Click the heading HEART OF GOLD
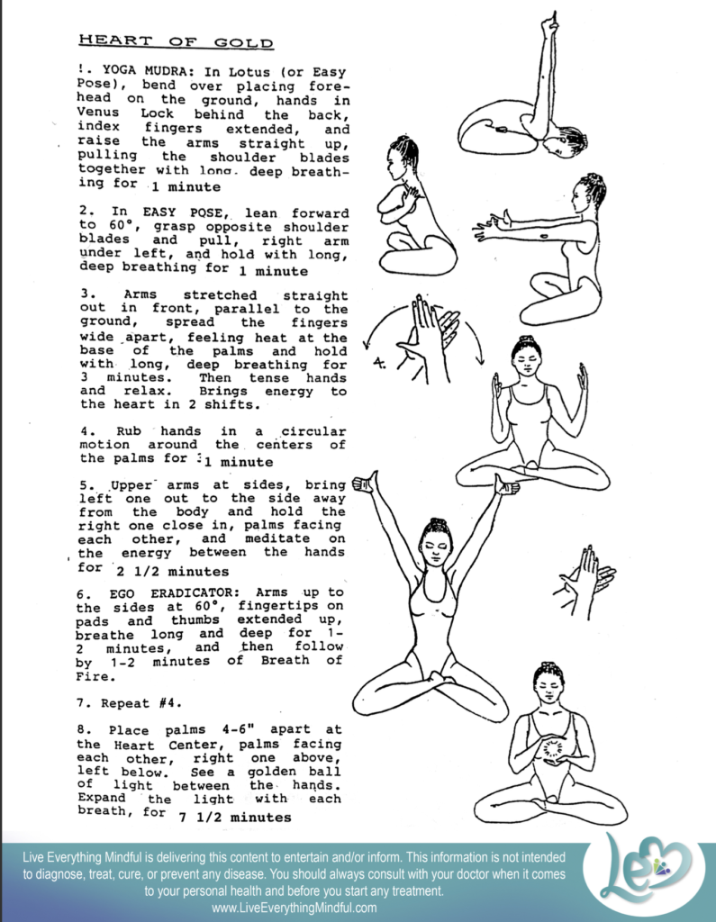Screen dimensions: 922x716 (176, 41)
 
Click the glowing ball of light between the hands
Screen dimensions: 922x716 (551, 747)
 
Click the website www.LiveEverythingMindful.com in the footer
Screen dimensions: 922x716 (295, 908)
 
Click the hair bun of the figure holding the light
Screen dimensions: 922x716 (547, 668)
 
